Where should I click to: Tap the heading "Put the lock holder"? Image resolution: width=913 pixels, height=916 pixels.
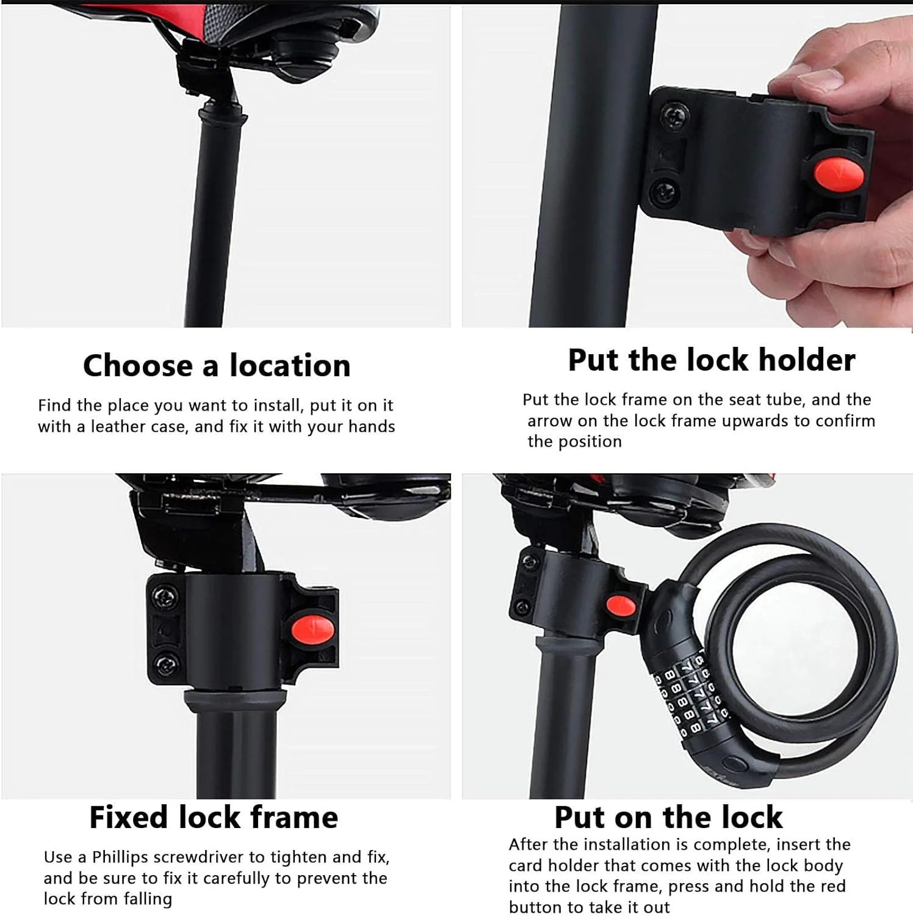712,360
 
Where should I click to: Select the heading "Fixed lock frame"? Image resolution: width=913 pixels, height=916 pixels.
214,817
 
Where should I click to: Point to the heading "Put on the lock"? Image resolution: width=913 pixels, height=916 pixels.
668,817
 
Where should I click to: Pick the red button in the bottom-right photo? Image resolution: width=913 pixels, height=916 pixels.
621,606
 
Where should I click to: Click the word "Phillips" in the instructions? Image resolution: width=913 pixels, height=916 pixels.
120,857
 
